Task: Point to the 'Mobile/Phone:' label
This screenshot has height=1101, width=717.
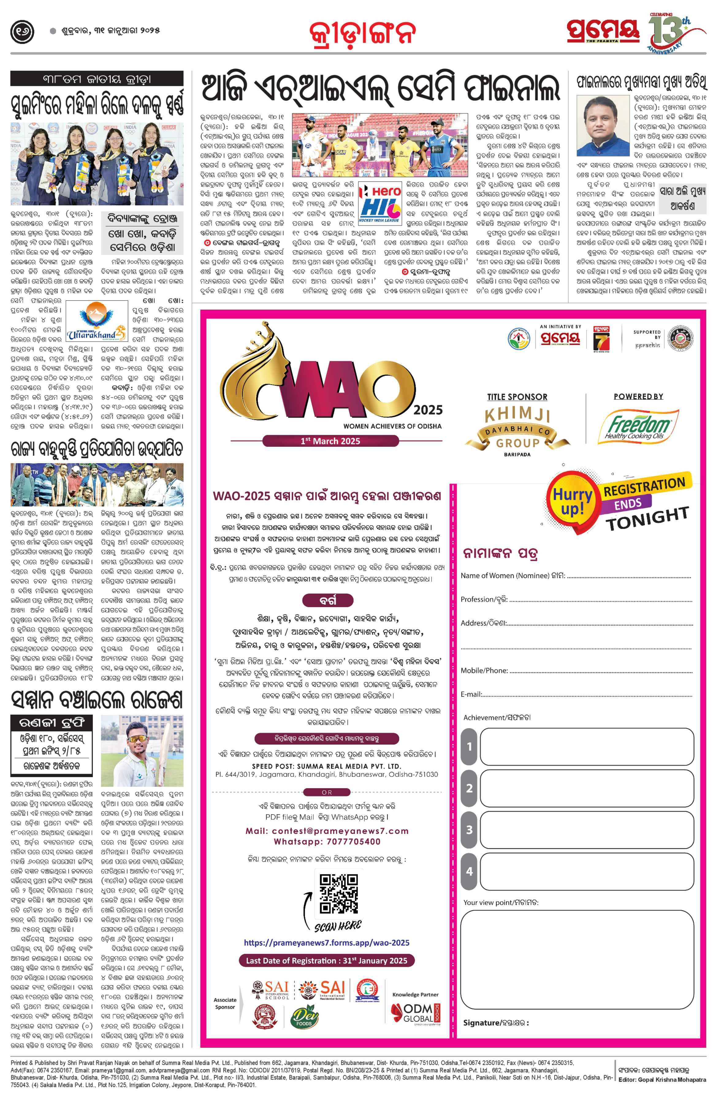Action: pyautogui.click(x=484, y=670)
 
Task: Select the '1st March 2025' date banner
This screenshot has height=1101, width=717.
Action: pyautogui.click(x=330, y=441)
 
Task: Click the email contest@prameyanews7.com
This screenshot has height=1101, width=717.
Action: pyautogui.click(x=327, y=831)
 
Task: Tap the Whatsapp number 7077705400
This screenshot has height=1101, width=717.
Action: pyautogui.click(x=327, y=841)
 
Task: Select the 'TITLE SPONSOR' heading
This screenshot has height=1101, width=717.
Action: pyautogui.click(x=517, y=397)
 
